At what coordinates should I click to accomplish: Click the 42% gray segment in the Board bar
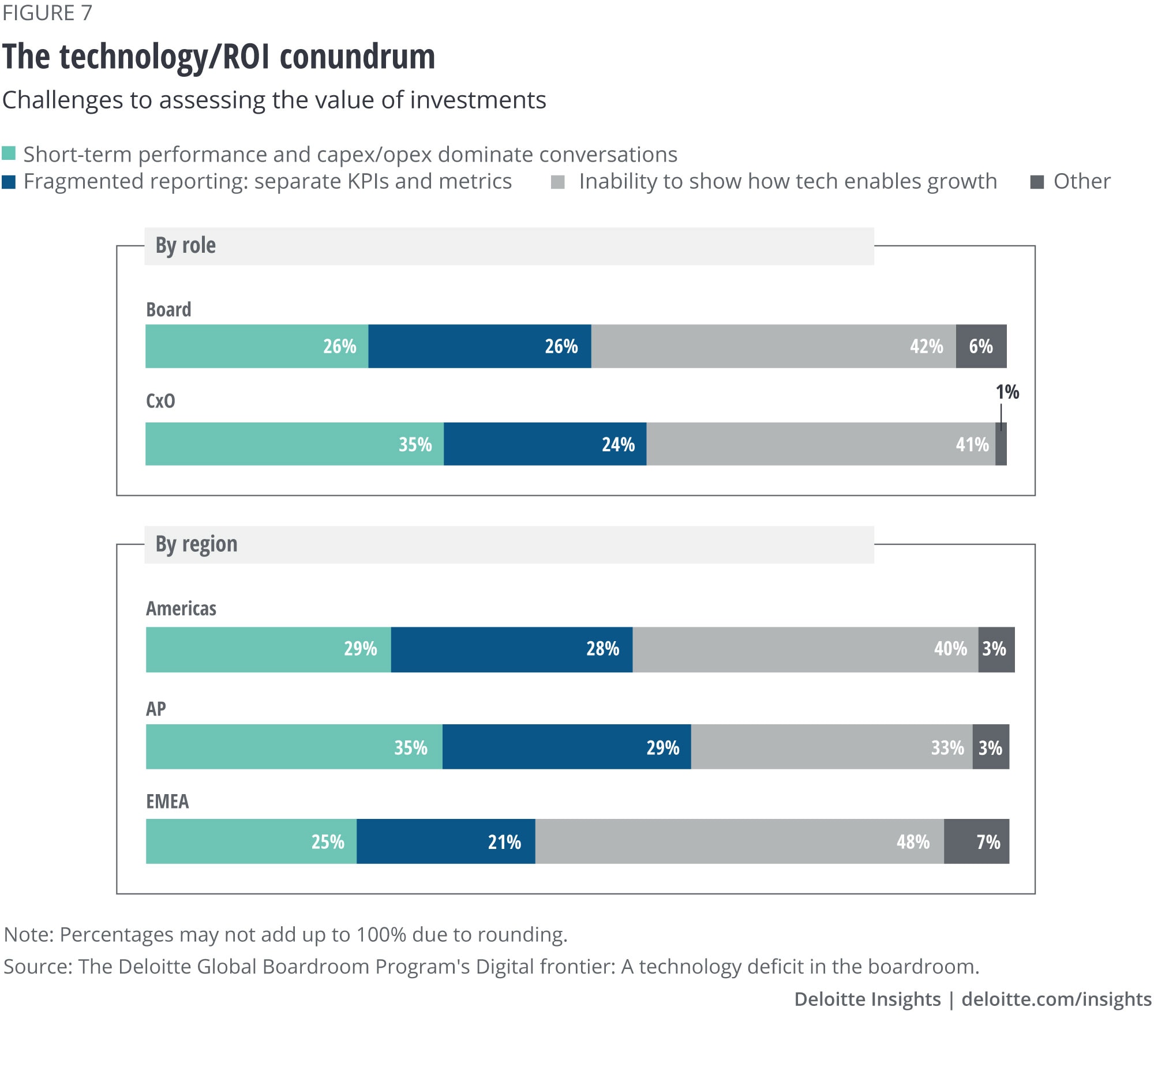[x=773, y=346]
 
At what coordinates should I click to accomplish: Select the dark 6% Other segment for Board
[x=981, y=346]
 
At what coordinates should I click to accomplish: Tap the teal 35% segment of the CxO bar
[x=294, y=444]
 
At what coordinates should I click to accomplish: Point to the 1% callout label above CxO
[x=1007, y=392]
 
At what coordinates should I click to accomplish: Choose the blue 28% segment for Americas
[x=511, y=649]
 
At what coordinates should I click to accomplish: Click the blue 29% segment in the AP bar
[x=567, y=747]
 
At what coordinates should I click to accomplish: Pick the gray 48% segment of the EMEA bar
[x=739, y=841]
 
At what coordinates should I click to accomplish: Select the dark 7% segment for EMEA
[x=976, y=841]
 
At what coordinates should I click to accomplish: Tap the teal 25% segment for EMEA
[x=251, y=841]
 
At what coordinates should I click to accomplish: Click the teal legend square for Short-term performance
[x=9, y=154]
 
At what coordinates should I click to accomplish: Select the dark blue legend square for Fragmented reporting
[x=9, y=182]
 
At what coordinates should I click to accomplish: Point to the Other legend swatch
[x=1037, y=182]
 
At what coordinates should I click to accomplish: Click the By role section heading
[x=186, y=246]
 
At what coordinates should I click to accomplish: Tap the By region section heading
[x=196, y=544]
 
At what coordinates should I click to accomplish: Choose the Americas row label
[x=181, y=608]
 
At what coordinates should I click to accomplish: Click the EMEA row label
[x=167, y=801]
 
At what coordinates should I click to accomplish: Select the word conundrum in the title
[x=357, y=57]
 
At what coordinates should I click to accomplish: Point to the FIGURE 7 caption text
[x=47, y=13]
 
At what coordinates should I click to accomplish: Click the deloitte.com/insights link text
[x=1056, y=999]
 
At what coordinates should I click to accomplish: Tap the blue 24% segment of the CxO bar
[x=545, y=444]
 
